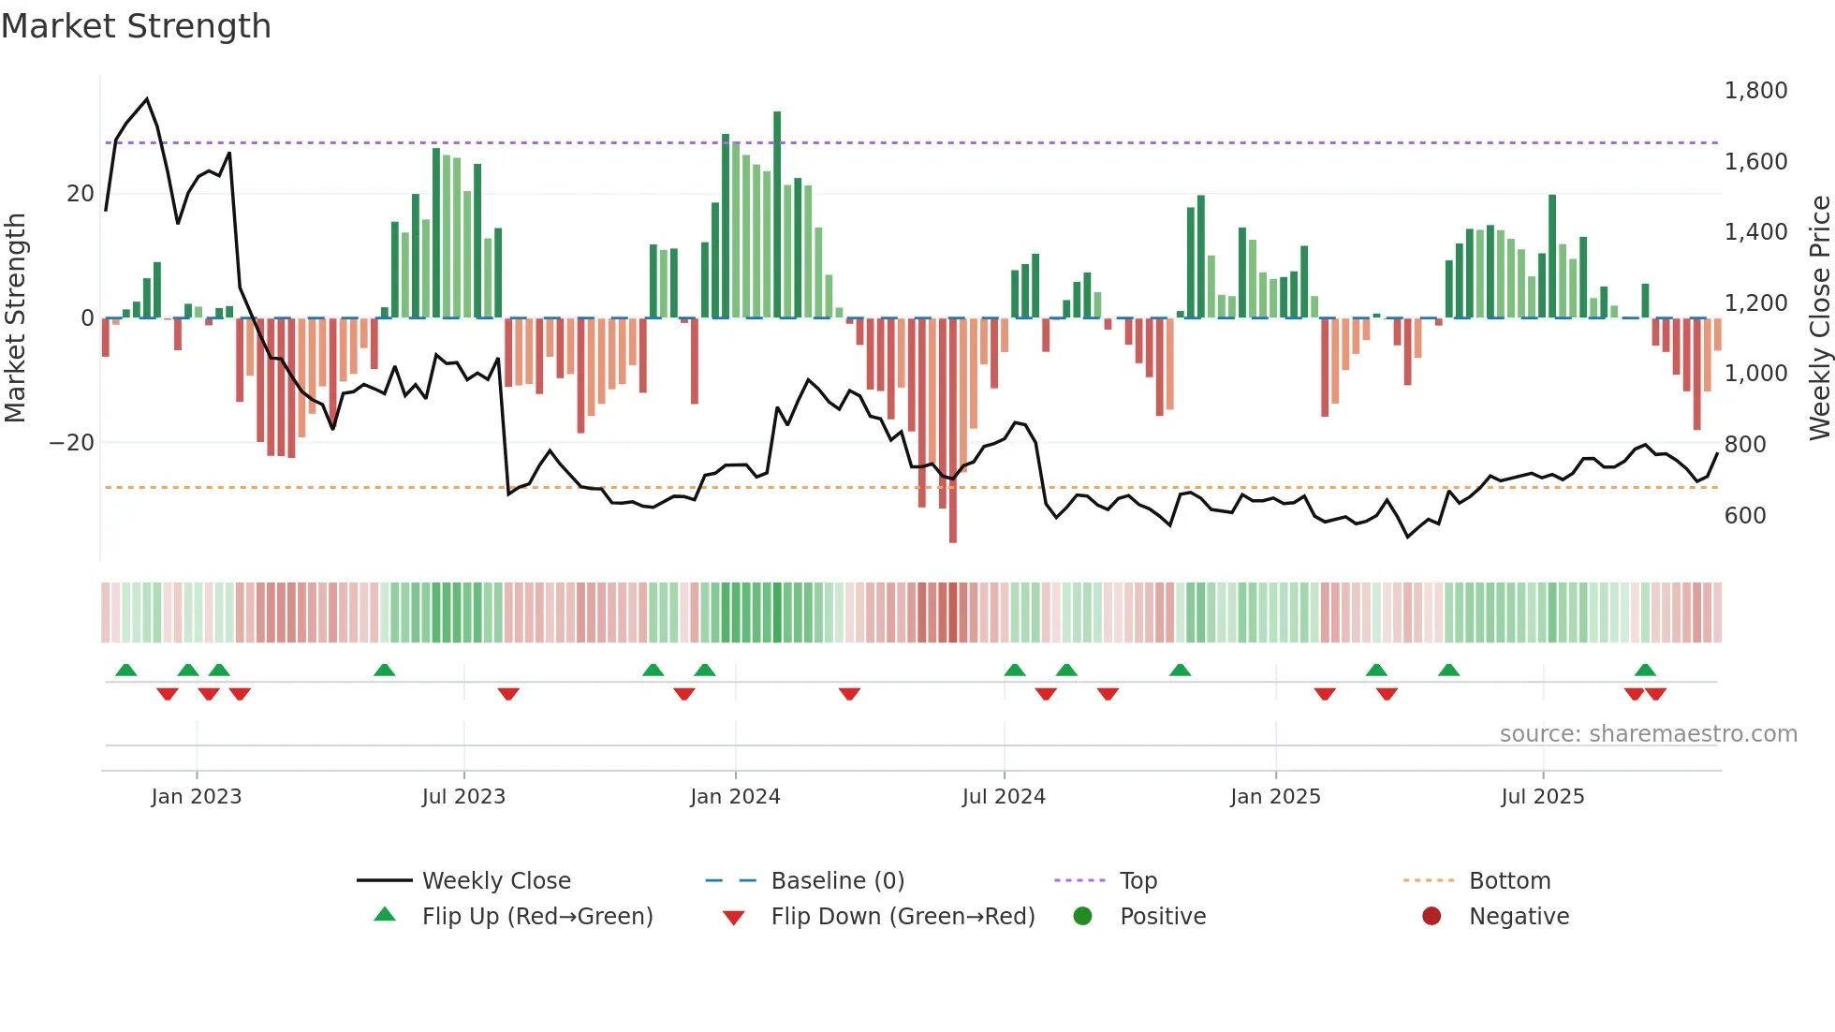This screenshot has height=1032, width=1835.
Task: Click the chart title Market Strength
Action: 136,26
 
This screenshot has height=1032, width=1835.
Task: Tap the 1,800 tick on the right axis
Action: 1755,91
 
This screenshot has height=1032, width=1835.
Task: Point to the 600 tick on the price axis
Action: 1745,516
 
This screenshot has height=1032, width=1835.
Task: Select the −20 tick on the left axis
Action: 72,443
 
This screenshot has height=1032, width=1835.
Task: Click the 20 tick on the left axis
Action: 81,194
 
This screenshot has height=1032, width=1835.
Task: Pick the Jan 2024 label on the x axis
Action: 735,797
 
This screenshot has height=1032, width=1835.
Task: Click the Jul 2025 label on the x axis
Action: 1542,797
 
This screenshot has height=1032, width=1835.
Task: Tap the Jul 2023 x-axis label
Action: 463,797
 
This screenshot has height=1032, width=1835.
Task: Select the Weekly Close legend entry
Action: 495,881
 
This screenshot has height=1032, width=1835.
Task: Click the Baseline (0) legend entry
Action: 837,881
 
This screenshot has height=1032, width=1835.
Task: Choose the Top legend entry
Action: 1138,881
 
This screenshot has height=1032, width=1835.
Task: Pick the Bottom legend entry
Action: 1509,881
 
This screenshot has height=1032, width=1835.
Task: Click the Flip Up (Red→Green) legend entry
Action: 536,917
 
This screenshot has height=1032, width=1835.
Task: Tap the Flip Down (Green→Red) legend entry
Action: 903,917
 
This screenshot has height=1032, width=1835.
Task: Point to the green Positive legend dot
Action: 1082,917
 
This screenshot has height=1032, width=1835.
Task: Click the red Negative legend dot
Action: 1431,917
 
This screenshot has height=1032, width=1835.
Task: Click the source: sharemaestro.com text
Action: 1648,734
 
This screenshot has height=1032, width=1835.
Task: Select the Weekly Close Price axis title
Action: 1819,318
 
